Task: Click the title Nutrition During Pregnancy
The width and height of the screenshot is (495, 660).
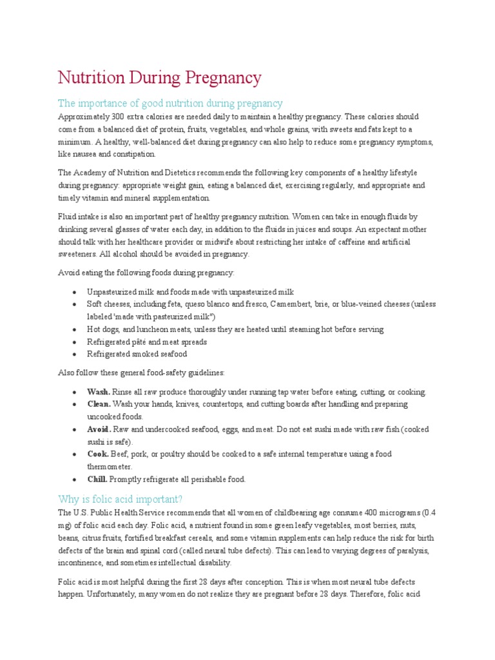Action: (160, 78)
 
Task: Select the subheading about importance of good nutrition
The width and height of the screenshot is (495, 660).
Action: (170, 103)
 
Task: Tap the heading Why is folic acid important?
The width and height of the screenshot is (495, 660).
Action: (121, 499)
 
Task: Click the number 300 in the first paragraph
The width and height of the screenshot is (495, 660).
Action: (116, 117)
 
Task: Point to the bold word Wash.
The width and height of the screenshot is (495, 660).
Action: (99, 392)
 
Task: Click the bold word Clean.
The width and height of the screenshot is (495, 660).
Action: (99, 404)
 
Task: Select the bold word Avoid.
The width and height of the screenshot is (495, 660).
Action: (99, 429)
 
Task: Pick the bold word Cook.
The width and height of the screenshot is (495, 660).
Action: (99, 454)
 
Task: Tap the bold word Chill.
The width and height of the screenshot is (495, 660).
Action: (98, 479)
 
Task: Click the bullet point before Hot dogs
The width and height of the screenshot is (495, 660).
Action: (75, 329)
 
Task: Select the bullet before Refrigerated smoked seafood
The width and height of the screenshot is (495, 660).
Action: (75, 354)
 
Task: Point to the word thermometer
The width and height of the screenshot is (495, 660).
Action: (110, 467)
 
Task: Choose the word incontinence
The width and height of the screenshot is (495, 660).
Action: (82, 562)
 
